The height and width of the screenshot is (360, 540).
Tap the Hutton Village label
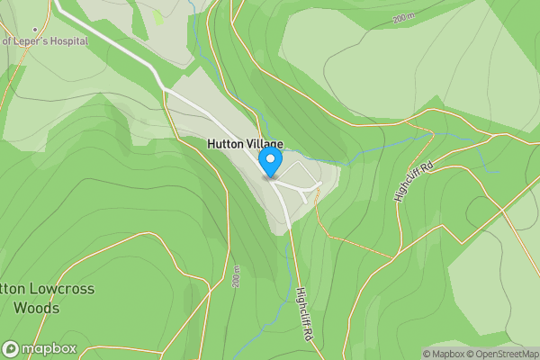pos(245,144)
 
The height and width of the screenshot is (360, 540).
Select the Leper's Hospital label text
pos(45,41)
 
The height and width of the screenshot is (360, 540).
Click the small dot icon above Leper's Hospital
pos(35,30)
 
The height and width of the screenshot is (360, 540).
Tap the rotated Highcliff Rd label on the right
pos(413,181)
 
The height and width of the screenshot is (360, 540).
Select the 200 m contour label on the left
pos(236,276)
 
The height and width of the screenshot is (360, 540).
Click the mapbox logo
pos(40,348)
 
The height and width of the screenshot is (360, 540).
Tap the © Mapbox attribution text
pos(444,354)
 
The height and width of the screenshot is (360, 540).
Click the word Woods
pos(36,308)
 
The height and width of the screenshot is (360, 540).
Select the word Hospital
pos(67,41)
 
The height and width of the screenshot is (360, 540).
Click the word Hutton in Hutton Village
pos(224,144)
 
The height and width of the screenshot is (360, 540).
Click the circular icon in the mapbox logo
pos(11,348)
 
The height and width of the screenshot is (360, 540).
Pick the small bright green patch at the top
pos(159,16)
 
